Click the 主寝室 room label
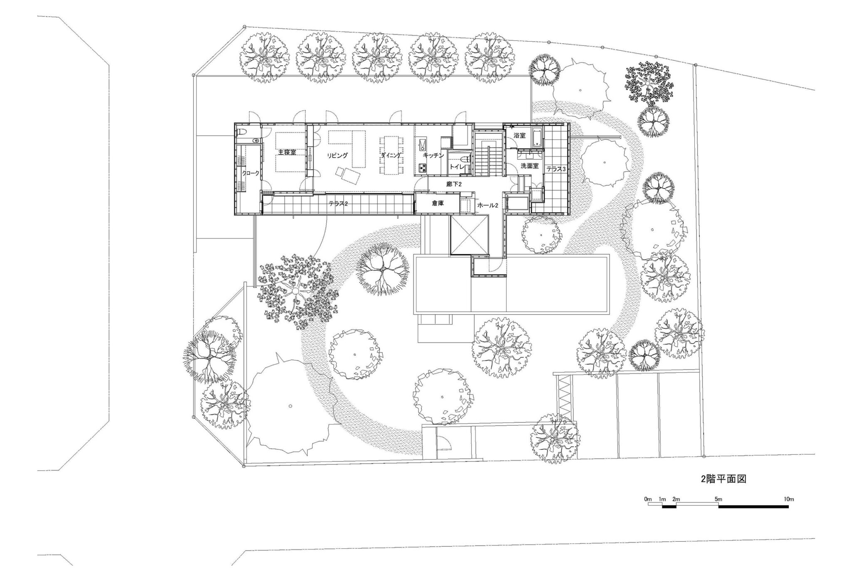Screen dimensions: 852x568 point(287,152)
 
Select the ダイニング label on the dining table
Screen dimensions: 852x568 point(391,155)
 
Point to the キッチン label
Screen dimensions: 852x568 point(433,155)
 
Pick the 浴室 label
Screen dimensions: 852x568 point(520,136)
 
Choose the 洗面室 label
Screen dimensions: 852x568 point(530,166)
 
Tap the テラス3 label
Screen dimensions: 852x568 point(556,169)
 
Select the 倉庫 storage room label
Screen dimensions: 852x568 point(438,203)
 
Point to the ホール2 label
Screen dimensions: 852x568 point(488,206)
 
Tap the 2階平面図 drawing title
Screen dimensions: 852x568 point(723,479)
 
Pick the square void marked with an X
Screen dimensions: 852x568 point(468,236)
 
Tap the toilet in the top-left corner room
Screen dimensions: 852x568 point(242,132)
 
